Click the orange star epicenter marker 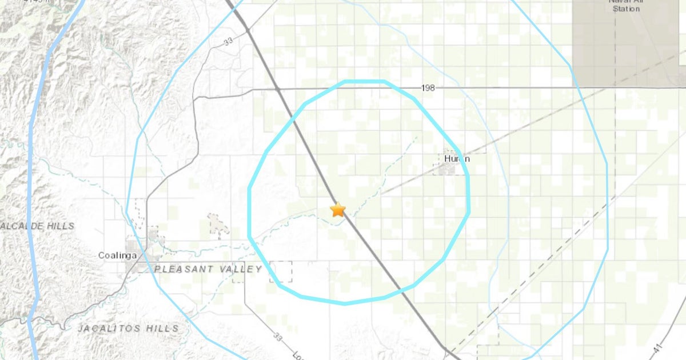click(338, 210)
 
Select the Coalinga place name click(117, 255)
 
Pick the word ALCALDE click(22, 226)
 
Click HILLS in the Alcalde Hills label click(61, 226)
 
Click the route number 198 click(428, 88)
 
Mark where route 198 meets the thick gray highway click(277, 89)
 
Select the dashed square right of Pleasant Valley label click(281, 271)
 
